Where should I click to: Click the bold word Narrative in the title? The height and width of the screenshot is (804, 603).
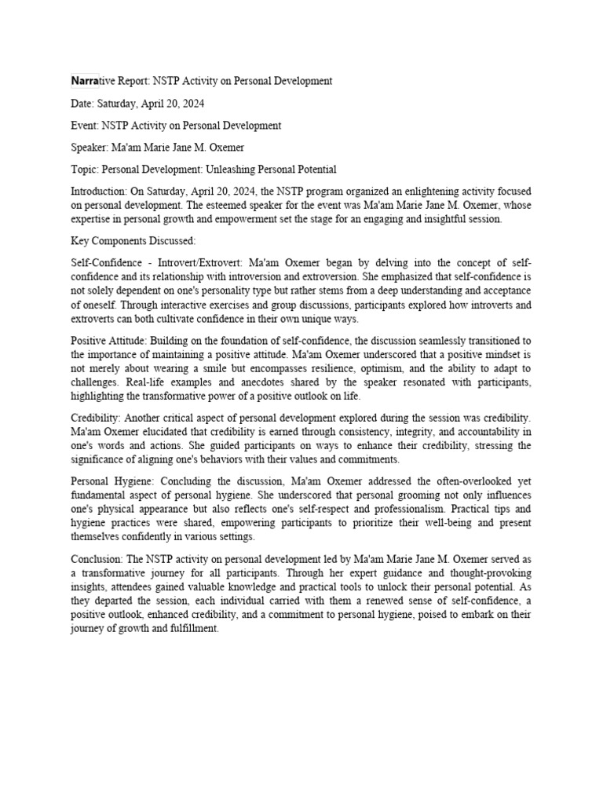click(93, 81)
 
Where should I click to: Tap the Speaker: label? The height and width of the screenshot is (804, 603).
click(91, 148)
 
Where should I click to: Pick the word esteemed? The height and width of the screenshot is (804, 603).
click(224, 206)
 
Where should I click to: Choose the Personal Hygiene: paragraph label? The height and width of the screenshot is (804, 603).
click(109, 482)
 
